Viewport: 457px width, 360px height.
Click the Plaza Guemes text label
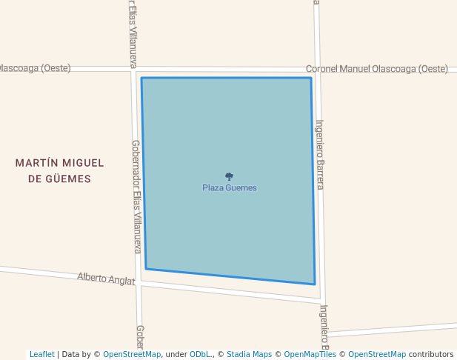(230, 188)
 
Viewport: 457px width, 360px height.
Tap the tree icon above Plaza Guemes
(229, 177)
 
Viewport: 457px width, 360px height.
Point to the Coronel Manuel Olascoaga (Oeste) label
(377, 69)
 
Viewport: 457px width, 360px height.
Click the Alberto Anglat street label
(106, 279)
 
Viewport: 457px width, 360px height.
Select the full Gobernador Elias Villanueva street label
(136, 197)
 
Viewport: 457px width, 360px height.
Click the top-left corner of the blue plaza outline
(141, 78)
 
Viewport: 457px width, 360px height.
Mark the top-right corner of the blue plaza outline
(311, 78)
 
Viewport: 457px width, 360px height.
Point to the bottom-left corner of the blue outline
(146, 268)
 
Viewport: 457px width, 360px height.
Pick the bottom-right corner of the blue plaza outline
(315, 284)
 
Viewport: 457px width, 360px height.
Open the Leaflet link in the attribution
(42, 354)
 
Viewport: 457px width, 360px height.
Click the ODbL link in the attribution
(199, 354)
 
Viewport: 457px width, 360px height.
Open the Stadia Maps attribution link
(249, 354)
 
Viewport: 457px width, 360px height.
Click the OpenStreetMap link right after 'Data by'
(132, 354)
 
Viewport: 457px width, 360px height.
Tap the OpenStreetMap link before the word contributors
(377, 354)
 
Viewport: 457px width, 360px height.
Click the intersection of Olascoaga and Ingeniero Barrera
(317, 69)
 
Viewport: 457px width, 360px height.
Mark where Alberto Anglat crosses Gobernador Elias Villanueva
(139, 282)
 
